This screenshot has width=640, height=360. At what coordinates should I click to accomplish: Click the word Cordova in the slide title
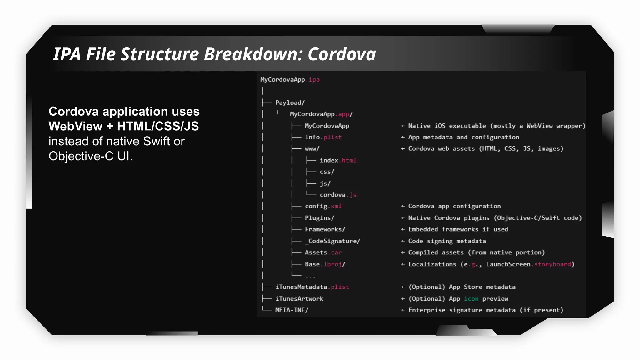[342, 54]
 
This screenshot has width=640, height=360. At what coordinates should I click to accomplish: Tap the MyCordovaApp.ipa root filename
[290, 80]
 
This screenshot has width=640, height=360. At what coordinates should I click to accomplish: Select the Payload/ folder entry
[290, 103]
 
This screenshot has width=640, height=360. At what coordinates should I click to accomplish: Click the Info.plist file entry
[323, 137]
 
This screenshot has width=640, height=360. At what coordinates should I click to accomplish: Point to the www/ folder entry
[312, 149]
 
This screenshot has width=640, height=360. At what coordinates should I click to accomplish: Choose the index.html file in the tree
[338, 160]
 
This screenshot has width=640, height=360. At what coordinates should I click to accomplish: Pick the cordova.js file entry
[338, 195]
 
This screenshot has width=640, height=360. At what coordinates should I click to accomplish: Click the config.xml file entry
[323, 206]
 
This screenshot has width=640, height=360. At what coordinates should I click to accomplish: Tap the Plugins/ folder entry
[319, 218]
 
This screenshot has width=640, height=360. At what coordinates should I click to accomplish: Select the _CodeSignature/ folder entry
[332, 241]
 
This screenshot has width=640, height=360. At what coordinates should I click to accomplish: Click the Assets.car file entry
[323, 252]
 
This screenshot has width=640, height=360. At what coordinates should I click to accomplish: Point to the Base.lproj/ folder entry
[325, 264]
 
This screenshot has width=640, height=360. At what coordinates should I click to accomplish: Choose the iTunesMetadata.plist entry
[312, 287]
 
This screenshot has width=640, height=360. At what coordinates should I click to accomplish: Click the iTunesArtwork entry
[299, 299]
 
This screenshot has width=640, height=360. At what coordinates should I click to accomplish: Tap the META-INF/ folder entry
[292, 310]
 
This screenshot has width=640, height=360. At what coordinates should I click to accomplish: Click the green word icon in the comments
[471, 299]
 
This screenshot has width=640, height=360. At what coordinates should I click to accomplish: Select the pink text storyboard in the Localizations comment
[552, 264]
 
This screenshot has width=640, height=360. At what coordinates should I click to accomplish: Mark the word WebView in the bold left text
[75, 126]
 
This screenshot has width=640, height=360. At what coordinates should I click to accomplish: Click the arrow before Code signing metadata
[403, 241]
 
